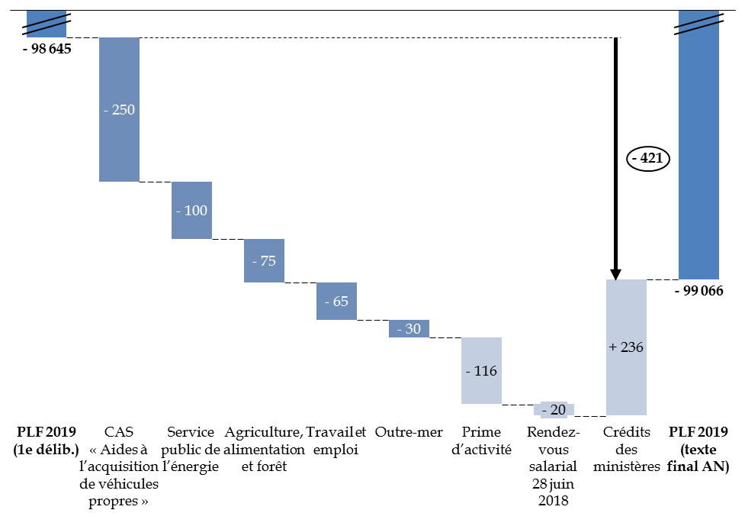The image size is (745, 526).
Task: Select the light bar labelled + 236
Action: (x=626, y=382)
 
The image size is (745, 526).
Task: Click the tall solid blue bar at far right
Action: (x=698, y=214)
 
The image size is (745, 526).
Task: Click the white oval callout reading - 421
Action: (x=648, y=159)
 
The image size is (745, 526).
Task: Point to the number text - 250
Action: (x=119, y=110)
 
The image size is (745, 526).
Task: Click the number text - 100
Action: (x=191, y=211)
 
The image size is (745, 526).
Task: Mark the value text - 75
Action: (x=264, y=261)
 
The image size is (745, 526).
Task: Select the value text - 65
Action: (x=336, y=302)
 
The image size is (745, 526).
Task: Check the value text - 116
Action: (x=481, y=372)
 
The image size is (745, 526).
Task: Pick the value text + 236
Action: (x=626, y=347)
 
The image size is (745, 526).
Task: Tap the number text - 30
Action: (x=409, y=329)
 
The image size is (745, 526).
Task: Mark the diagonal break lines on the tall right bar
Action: (x=698, y=25)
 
